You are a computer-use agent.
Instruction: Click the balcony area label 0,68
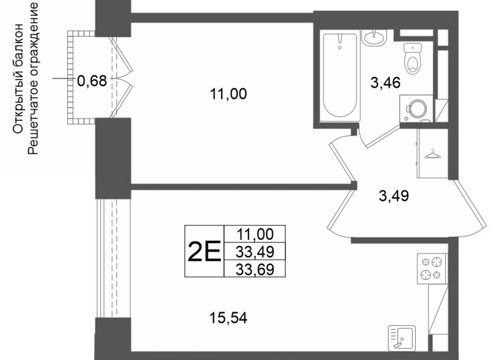click(92, 81)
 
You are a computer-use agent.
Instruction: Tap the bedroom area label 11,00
click(228, 94)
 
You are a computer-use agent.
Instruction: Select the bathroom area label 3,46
click(386, 83)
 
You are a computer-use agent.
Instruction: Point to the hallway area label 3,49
click(394, 196)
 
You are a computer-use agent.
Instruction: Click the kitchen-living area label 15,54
click(228, 318)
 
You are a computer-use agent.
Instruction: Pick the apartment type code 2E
click(204, 252)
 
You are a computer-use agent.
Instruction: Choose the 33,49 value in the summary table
click(255, 252)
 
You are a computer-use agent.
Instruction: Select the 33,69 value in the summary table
click(255, 270)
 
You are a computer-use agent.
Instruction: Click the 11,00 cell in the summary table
click(255, 234)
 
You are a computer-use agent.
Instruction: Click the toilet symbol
click(413, 58)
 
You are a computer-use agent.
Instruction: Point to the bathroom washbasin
click(374, 38)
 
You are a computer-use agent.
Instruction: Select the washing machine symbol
click(416, 108)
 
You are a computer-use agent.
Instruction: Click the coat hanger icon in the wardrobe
click(432, 154)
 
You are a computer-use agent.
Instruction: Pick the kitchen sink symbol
click(402, 338)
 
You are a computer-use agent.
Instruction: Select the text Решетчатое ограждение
click(33, 79)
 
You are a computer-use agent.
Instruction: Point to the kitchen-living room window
click(113, 258)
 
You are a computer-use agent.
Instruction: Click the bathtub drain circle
click(340, 48)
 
